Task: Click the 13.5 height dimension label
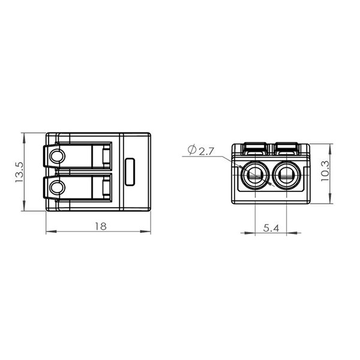[x=19, y=172]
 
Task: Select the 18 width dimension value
[x=101, y=227]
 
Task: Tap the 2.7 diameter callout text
[x=206, y=151]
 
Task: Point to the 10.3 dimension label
[x=325, y=171]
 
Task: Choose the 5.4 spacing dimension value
[x=271, y=228]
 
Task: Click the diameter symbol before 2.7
[x=192, y=149]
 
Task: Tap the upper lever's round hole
[x=57, y=157]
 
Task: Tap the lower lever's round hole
[x=57, y=187]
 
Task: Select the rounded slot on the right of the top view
[x=130, y=172]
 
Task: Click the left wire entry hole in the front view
[x=256, y=176]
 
